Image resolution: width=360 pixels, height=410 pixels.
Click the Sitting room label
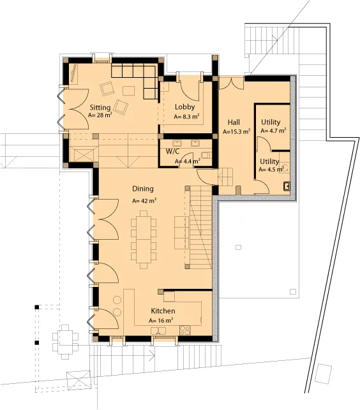coord(100,108)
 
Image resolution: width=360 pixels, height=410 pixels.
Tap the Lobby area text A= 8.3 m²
coord(186,116)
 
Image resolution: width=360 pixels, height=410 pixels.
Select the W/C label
coord(172,151)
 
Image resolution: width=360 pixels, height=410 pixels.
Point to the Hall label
coord(234,122)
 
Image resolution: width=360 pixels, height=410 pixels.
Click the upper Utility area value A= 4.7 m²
coord(273,131)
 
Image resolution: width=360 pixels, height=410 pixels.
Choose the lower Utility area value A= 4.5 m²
coord(271,170)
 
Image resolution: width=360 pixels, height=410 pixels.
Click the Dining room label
coord(143,189)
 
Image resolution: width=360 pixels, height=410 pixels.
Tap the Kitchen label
coord(163,311)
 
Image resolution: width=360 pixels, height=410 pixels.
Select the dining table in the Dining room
coord(144,240)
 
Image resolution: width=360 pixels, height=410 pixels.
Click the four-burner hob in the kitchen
coord(185,330)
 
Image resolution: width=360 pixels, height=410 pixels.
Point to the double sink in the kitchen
coord(158,331)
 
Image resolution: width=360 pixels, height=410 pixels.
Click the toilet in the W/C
coord(206,155)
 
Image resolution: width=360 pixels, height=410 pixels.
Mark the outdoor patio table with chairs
coord(65,342)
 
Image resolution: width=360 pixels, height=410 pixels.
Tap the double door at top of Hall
coord(232,83)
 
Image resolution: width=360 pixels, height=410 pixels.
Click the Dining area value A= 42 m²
coord(144,201)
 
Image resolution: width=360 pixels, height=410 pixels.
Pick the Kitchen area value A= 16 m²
coord(161,321)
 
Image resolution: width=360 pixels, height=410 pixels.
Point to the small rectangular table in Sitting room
coord(128,91)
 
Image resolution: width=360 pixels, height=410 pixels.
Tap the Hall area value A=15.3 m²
coord(236,131)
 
